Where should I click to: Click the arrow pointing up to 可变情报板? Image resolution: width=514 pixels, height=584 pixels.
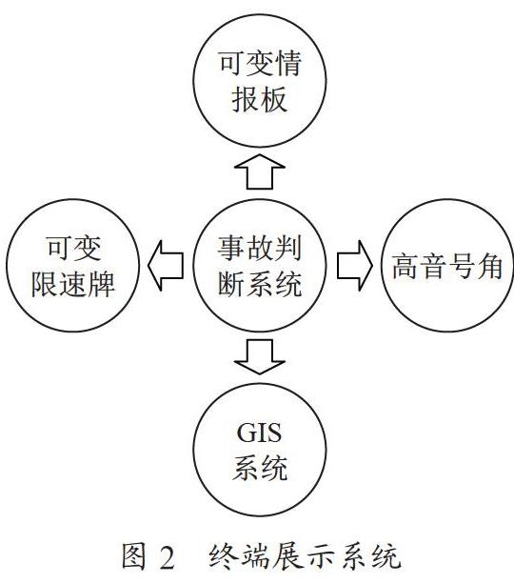(x=260, y=171)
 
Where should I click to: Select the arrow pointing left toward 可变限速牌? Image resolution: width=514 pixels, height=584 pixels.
(x=166, y=266)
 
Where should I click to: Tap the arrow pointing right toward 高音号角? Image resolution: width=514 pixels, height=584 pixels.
(x=355, y=266)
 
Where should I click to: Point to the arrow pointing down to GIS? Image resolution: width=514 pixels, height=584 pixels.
(x=260, y=357)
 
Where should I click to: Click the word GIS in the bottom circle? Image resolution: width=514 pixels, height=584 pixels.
(x=259, y=433)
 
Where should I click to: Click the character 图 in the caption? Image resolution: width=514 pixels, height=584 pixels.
(x=134, y=556)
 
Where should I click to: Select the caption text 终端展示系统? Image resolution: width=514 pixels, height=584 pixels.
(x=305, y=556)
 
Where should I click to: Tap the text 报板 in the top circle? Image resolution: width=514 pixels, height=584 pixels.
(x=260, y=99)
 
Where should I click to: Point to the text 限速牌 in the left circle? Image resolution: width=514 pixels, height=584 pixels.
(x=73, y=284)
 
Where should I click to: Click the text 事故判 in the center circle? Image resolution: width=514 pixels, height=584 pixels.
(x=260, y=248)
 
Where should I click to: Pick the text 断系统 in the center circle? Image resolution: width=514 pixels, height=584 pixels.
(x=260, y=284)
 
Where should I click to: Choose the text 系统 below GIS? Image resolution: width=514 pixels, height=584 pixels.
(x=260, y=468)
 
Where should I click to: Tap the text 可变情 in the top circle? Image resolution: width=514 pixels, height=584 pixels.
(x=260, y=63)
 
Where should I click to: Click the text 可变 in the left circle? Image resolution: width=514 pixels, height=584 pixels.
(x=73, y=248)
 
